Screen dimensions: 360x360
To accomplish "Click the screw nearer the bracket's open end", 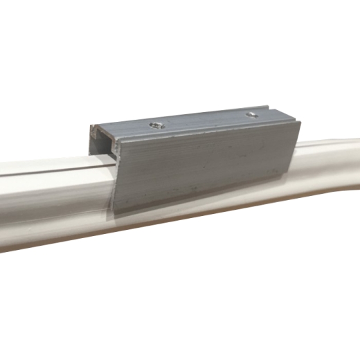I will tap(157, 125).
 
